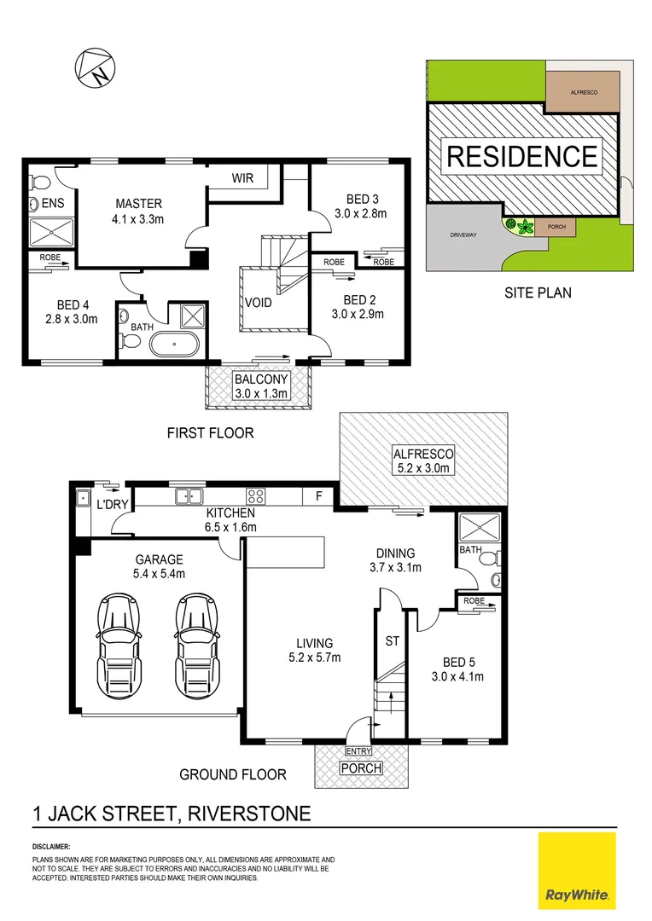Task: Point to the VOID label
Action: point(259,303)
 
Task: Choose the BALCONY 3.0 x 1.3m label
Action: point(262,385)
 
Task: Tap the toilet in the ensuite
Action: point(36,182)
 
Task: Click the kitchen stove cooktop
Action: point(255,495)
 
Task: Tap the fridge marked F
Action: point(318,495)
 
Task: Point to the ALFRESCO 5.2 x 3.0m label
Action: point(422,460)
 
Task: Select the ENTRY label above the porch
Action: point(358,751)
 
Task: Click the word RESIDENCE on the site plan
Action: point(522,157)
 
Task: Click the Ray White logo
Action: point(577,870)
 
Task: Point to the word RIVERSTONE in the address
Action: point(246,812)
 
